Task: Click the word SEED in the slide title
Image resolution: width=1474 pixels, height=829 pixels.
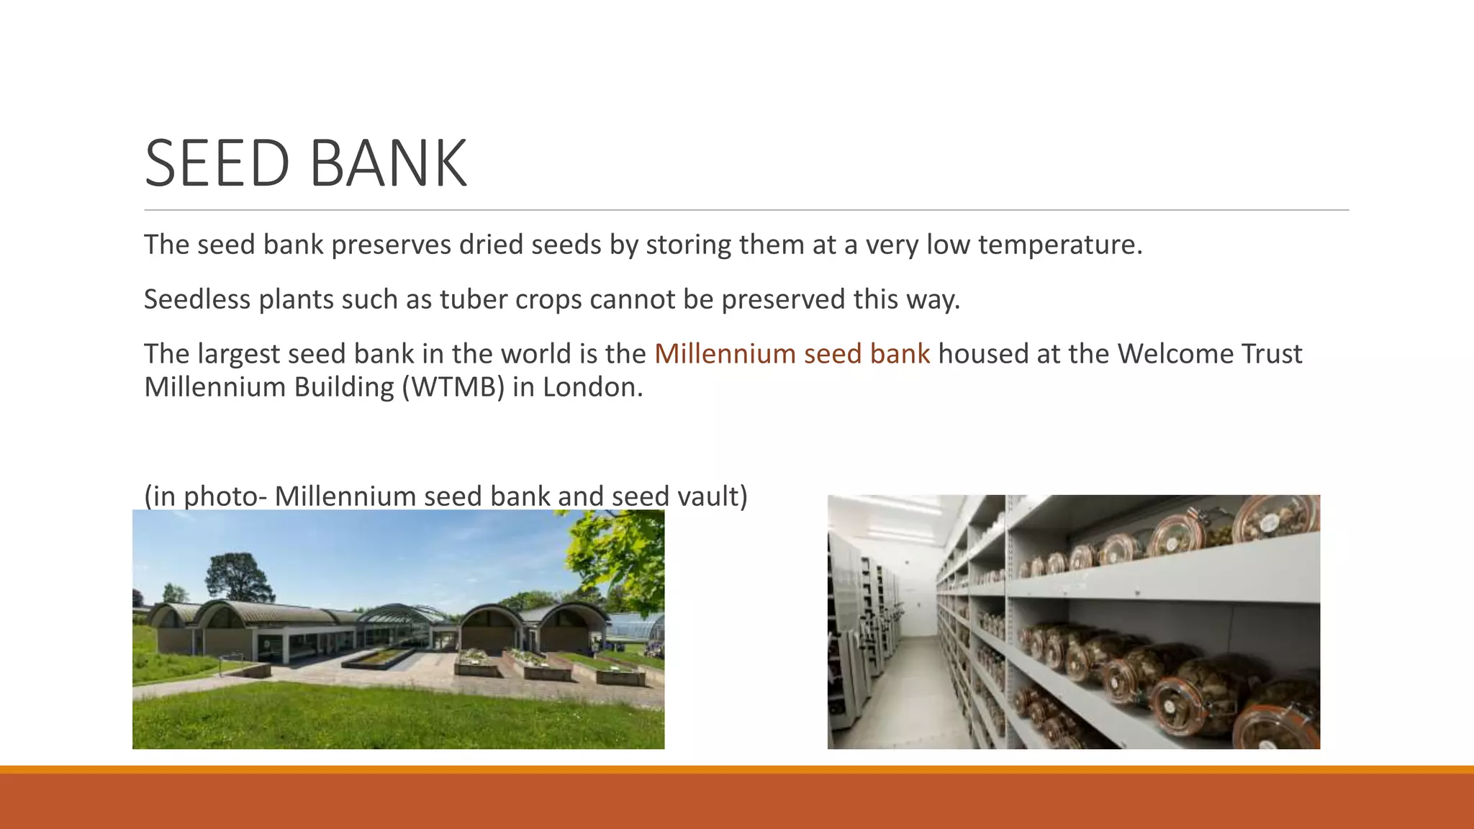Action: coord(217,164)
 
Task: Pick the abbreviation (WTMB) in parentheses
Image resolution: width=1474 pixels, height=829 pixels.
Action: coord(453,387)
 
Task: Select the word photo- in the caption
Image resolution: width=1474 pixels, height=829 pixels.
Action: coord(220,497)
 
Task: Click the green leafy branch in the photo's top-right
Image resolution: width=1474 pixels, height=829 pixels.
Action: coord(619,554)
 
